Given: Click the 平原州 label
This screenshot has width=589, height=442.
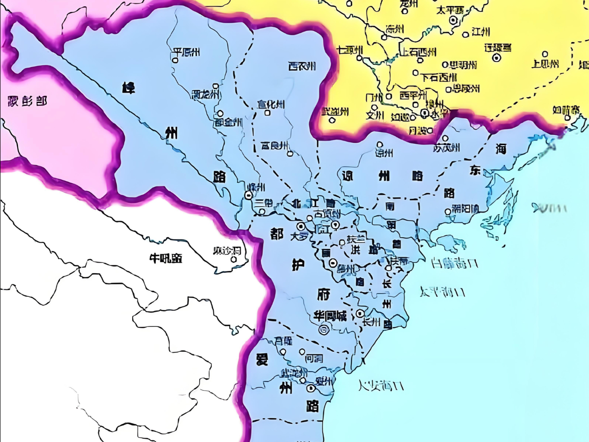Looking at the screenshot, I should (186, 52).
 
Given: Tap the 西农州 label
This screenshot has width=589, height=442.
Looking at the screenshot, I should (302, 67).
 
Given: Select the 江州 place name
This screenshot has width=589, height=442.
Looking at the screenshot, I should (481, 32).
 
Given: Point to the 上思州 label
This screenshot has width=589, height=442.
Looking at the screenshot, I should (545, 63).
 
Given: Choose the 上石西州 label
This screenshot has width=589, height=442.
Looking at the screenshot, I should (418, 52).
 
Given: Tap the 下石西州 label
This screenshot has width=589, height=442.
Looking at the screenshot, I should (439, 77).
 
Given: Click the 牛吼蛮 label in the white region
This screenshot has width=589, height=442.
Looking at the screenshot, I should (166, 258).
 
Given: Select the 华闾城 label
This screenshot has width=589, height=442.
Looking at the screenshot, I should (330, 316).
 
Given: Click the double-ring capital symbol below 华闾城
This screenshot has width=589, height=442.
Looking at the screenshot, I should (324, 329).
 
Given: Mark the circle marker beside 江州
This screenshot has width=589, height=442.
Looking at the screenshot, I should (466, 34).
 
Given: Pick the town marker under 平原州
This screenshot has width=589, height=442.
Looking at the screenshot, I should (175, 60).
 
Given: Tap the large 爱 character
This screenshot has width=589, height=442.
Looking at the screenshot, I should (262, 359).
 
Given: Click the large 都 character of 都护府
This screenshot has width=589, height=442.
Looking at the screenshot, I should (276, 233).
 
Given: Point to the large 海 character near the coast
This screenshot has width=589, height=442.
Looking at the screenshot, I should (501, 148).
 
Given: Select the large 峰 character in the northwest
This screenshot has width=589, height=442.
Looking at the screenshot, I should (129, 87).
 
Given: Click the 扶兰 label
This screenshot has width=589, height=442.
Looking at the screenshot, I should (356, 239).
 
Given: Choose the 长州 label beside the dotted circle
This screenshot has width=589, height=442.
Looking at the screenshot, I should (371, 322).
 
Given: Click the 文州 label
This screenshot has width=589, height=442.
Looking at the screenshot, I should (374, 115).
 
